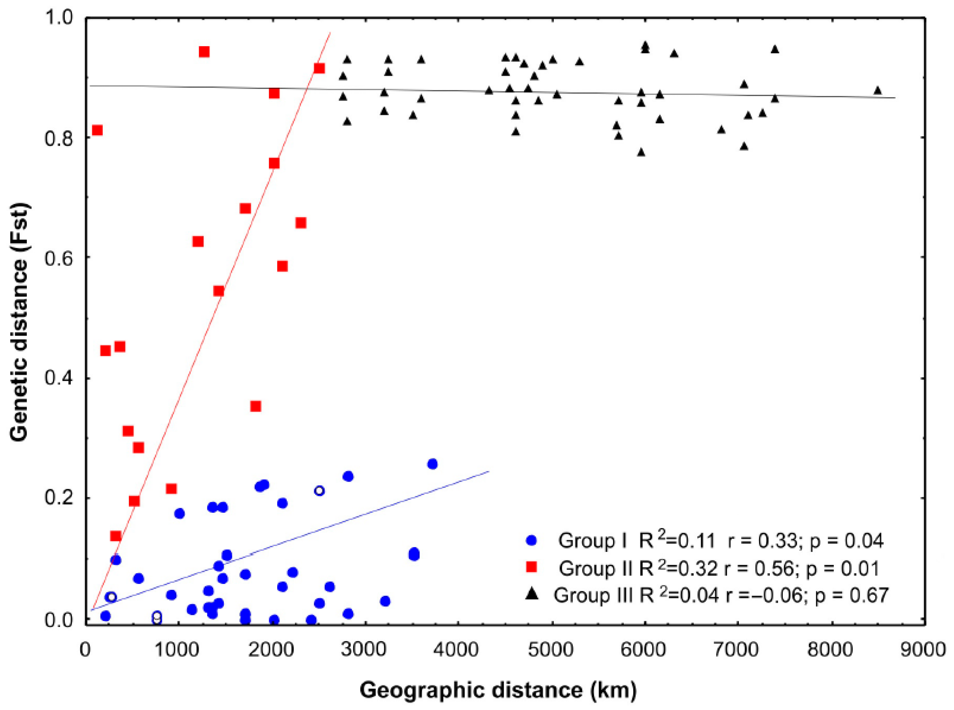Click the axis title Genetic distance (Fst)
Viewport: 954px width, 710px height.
click(19, 322)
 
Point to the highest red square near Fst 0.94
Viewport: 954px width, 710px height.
click(204, 52)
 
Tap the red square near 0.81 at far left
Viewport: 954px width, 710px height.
click(97, 130)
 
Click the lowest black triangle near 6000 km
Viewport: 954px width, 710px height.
click(641, 152)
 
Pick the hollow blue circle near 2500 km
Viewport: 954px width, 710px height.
click(319, 491)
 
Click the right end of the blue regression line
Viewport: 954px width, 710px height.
click(489, 472)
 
